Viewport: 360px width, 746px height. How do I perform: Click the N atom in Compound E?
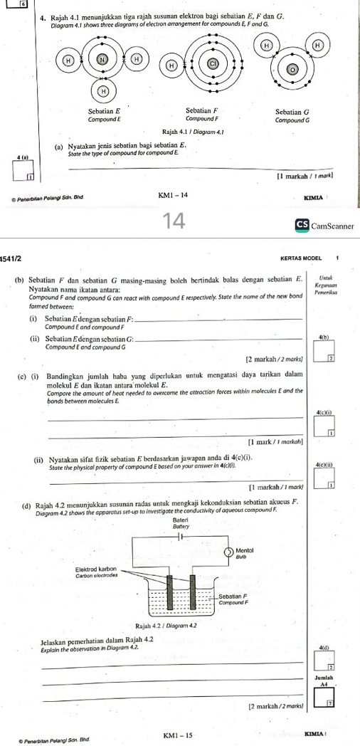(104, 61)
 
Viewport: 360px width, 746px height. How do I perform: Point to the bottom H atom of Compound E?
(104, 92)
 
